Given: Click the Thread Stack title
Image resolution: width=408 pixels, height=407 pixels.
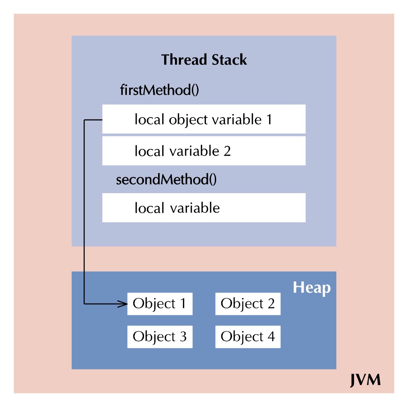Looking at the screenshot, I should (x=204, y=60).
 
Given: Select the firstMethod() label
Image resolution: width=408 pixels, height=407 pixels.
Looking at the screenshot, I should (x=159, y=90).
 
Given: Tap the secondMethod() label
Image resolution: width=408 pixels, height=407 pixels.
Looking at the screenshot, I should (x=166, y=180).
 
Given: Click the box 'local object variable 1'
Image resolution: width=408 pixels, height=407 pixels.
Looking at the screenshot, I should (x=204, y=119).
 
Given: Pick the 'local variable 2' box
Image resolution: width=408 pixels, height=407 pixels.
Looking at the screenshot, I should (x=204, y=151).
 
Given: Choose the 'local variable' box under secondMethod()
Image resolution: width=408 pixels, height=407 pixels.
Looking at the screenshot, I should (x=204, y=208).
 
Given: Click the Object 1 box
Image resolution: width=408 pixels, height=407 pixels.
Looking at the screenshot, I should (x=160, y=304).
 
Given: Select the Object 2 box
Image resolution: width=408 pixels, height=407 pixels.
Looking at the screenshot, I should (x=248, y=304).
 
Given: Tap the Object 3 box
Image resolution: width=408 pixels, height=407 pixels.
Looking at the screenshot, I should (x=160, y=337).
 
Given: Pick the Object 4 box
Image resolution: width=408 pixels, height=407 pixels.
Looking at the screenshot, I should (x=248, y=337).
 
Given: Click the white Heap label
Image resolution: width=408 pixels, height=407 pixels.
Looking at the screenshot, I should (x=312, y=288).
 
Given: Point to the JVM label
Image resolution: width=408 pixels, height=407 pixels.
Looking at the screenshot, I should (x=365, y=380).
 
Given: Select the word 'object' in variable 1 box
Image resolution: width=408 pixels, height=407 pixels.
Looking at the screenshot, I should (x=188, y=120).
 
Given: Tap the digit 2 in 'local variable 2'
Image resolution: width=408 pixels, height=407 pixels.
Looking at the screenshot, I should (x=227, y=151).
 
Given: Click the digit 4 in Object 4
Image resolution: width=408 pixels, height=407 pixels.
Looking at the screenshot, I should (x=271, y=337).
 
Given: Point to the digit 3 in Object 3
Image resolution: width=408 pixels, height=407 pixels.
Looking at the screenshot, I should (x=183, y=337).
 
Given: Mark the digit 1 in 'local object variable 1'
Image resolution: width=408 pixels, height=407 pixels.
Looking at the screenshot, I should (x=269, y=120).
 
